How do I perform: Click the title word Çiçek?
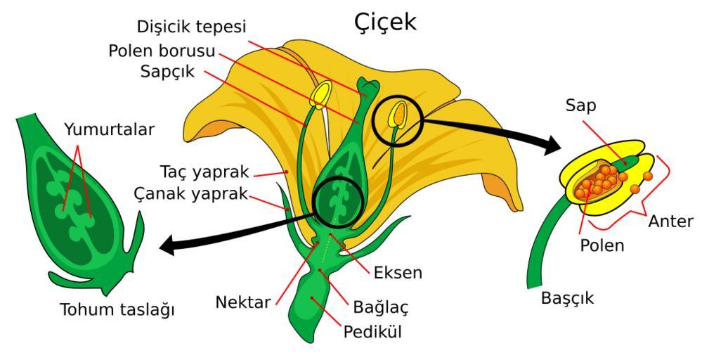click(x=385, y=21)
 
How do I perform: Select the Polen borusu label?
click(x=161, y=52)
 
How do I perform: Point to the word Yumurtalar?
click(x=108, y=129)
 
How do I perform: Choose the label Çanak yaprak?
click(x=190, y=193)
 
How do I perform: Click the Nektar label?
click(x=243, y=303)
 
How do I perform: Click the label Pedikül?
click(x=372, y=330)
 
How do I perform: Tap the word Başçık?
click(x=567, y=297)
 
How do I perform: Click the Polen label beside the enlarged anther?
click(x=602, y=245)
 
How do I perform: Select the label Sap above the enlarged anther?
click(x=580, y=106)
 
